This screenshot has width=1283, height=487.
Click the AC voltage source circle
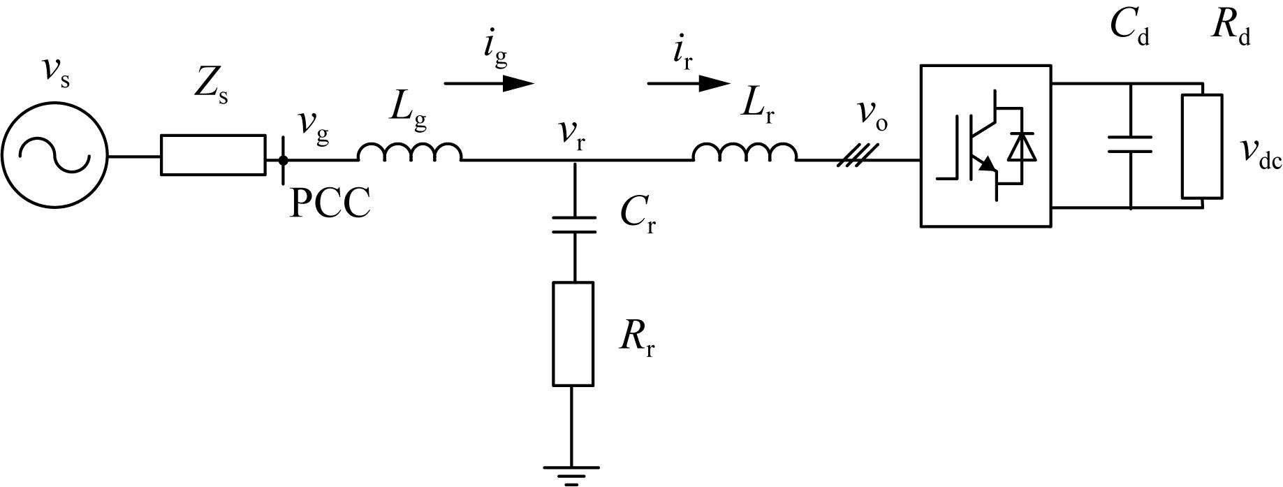[x=54, y=105]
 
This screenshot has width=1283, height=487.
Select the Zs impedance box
[x=213, y=155]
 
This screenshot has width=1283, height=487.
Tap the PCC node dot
[x=283, y=160]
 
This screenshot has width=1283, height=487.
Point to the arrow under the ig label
[x=489, y=83]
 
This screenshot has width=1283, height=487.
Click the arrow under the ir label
[x=689, y=83]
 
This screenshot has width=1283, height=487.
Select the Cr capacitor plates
[x=573, y=225]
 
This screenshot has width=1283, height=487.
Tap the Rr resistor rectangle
[x=573, y=334]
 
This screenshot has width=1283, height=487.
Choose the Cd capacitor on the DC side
[x=1130, y=145]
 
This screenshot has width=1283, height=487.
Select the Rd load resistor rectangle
[x=1202, y=146]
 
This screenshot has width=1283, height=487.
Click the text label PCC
[x=330, y=204]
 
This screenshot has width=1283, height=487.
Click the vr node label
[x=571, y=135]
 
